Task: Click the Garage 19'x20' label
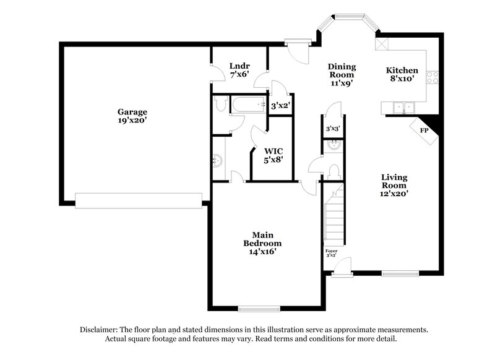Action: click(132, 116)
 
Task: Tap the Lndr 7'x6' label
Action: click(239, 70)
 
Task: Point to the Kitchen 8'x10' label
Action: click(402, 75)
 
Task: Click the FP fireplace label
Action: click(424, 131)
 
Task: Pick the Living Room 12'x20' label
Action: click(394, 185)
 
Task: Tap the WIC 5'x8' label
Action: click(274, 155)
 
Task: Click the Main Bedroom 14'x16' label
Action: click(263, 243)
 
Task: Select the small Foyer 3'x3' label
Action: click(332, 252)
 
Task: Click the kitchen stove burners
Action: click(434, 77)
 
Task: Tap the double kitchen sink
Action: click(403, 108)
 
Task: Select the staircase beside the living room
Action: click(334, 213)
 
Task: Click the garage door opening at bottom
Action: click(139, 200)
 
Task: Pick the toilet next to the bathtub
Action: click(220, 105)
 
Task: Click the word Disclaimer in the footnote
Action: click(100, 330)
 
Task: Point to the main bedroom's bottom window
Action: click(256, 309)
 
